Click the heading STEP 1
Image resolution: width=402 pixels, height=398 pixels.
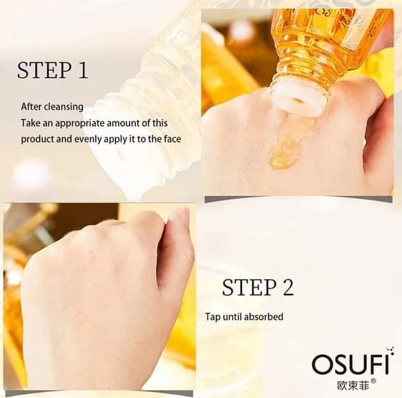point(52,70)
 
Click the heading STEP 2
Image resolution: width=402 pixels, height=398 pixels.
point(258,287)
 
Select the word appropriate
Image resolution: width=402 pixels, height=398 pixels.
point(80,123)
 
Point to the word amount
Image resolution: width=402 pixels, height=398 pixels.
point(123,123)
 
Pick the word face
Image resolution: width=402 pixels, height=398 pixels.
point(172,139)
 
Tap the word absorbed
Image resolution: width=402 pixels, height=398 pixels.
point(264,317)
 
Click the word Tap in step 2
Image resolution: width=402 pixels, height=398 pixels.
point(212,317)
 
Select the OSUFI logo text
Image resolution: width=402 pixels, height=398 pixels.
point(350,364)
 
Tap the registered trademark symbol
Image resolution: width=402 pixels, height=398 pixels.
point(373,381)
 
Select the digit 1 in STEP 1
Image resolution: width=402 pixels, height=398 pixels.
point(83,70)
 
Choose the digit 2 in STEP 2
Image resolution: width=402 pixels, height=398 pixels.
point(288,287)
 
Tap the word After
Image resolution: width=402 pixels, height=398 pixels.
point(31,107)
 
